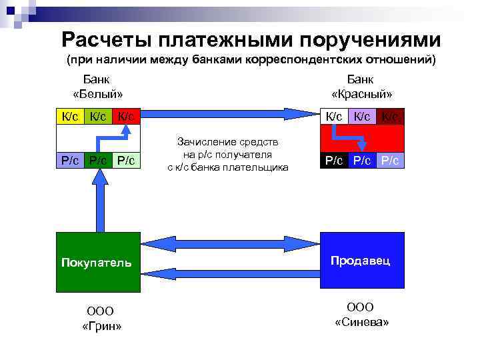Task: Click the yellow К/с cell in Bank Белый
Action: (70, 117)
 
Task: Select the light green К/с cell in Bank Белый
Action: (99, 117)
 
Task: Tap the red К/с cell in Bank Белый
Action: (127, 117)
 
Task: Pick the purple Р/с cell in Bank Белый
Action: (70, 161)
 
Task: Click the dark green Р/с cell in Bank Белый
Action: (99, 161)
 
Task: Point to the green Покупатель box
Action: (99, 263)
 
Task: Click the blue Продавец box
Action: (363, 261)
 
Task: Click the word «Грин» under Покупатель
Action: (101, 326)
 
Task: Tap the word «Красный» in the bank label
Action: (361, 93)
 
